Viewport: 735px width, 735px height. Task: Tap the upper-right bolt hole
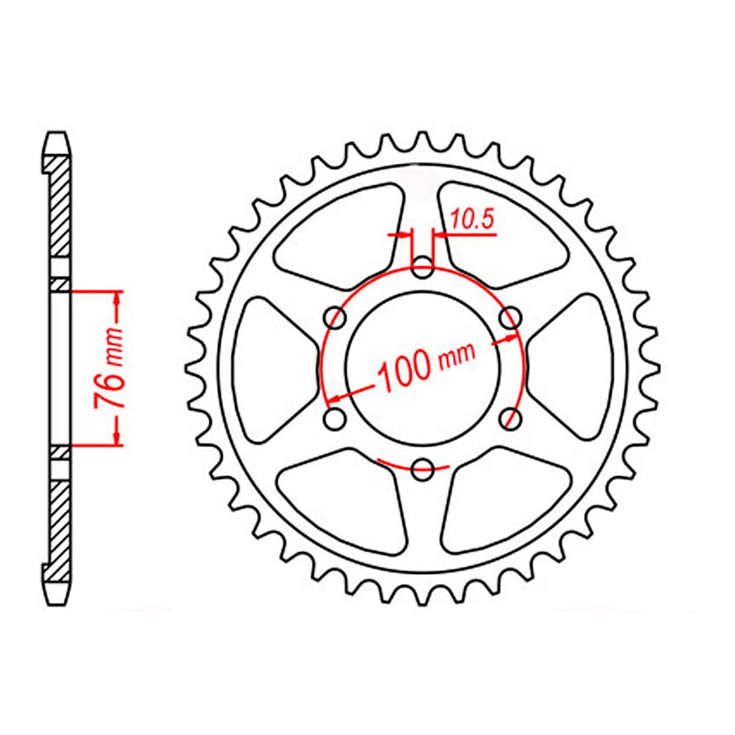pyautogui.click(x=510, y=319)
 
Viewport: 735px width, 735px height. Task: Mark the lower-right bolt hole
pyautogui.click(x=510, y=419)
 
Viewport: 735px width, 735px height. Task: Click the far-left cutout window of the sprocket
pyautogui.click(x=270, y=369)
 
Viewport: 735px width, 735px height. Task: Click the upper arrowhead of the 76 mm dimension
pyautogui.click(x=118, y=300)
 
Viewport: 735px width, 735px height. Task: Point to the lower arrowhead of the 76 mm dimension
pyautogui.click(x=118, y=437)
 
